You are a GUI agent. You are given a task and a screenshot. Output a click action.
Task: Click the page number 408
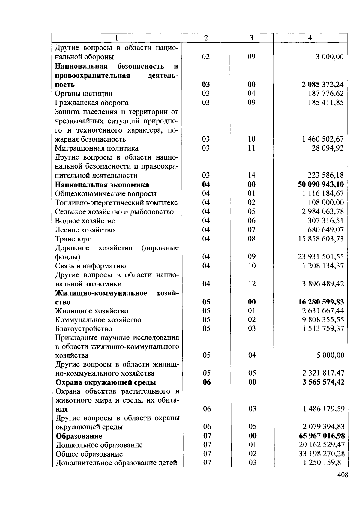click(x=342, y=475)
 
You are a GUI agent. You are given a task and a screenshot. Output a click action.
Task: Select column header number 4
click(x=310, y=38)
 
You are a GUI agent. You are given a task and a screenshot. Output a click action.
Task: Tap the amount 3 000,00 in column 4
click(x=329, y=57)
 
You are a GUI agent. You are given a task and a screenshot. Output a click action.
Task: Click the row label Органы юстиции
click(x=84, y=94)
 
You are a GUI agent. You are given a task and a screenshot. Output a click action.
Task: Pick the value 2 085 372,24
click(x=323, y=85)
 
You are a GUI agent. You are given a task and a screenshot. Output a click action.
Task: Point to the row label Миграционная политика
click(x=97, y=148)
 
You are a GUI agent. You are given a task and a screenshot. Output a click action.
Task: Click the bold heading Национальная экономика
click(x=102, y=185)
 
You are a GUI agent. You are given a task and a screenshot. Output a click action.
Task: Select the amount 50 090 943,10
click(x=321, y=184)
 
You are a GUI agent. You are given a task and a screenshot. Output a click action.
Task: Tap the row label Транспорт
click(x=73, y=239)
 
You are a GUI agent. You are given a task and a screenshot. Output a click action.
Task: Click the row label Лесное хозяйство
click(x=85, y=230)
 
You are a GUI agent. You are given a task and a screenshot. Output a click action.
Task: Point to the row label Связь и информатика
click(x=91, y=266)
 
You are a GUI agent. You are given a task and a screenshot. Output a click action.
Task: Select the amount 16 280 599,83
click(x=321, y=302)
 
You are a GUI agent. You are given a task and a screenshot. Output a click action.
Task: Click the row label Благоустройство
click(x=84, y=329)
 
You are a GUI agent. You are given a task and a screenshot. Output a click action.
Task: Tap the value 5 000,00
click(x=330, y=355)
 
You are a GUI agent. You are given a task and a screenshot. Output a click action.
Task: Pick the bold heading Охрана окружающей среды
click(x=106, y=382)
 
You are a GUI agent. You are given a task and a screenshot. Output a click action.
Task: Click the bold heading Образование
click(x=79, y=436)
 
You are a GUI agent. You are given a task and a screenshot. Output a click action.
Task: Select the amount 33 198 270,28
click(x=322, y=454)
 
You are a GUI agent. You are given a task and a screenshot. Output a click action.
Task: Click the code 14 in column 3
click(x=252, y=175)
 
